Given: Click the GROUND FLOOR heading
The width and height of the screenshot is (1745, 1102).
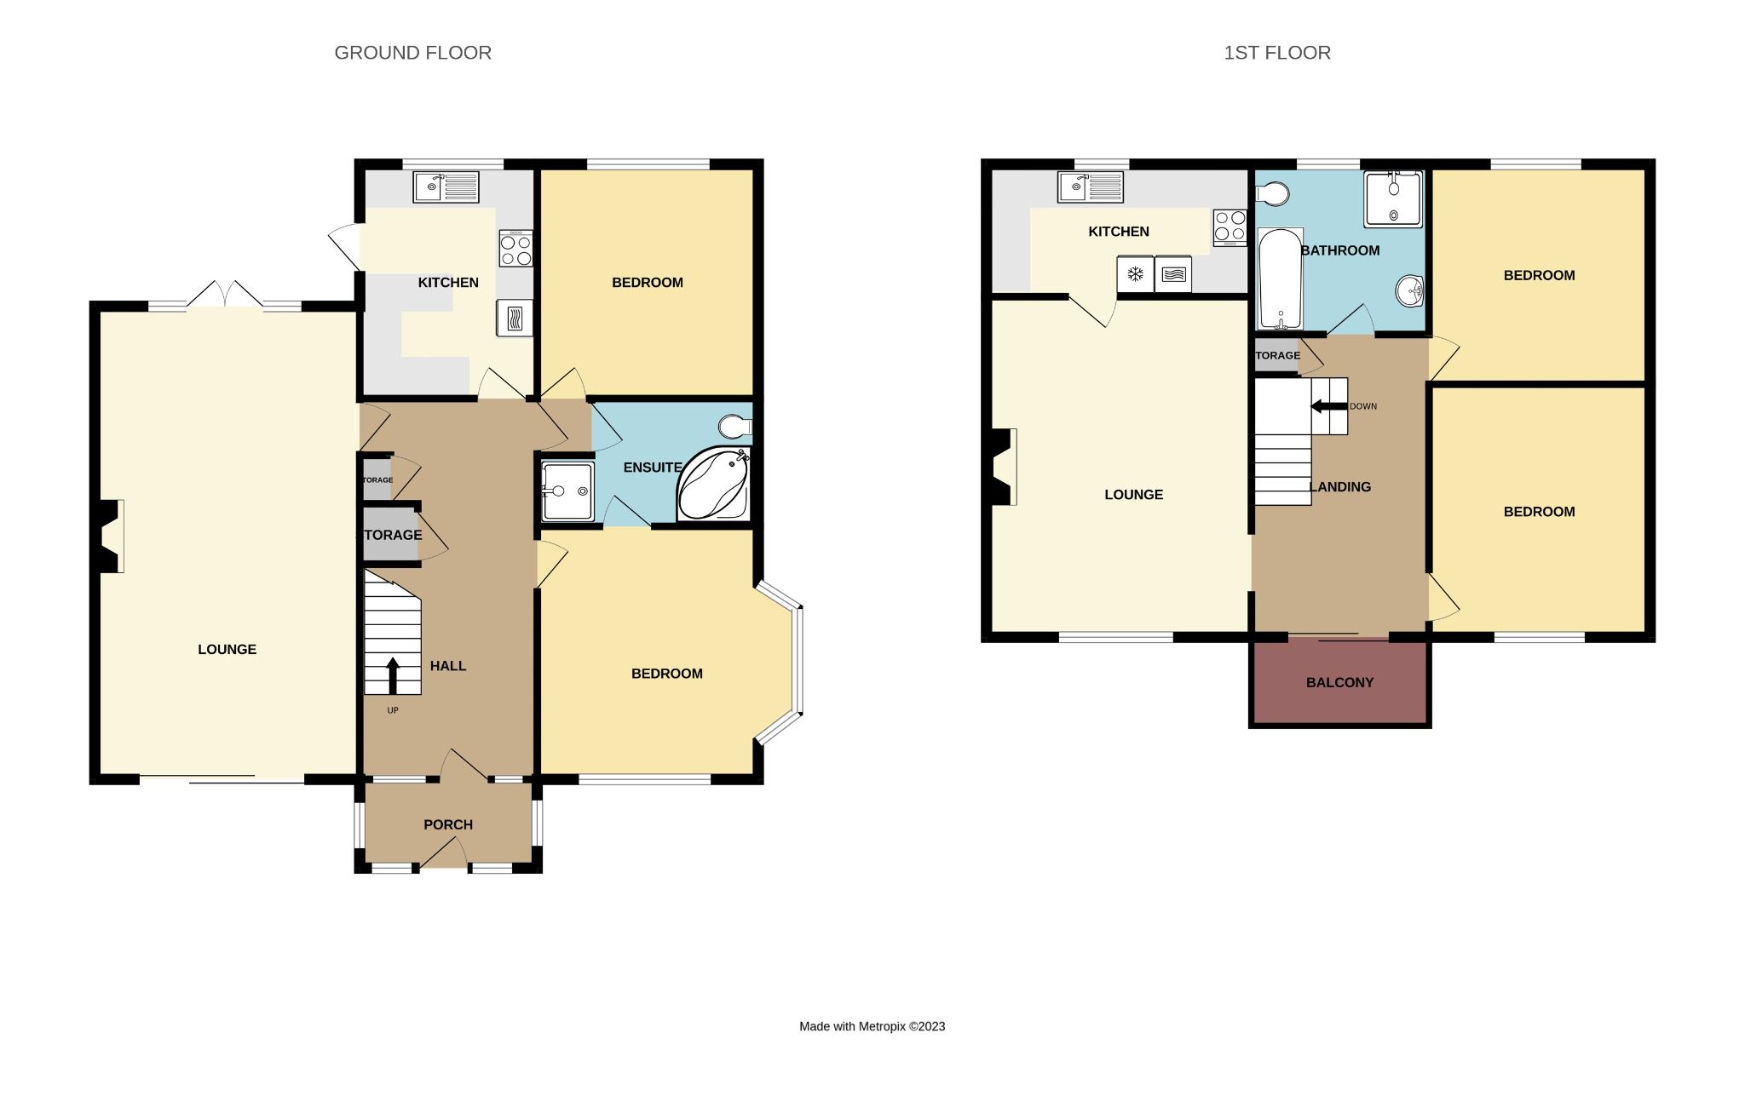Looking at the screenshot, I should pyautogui.click(x=412, y=53).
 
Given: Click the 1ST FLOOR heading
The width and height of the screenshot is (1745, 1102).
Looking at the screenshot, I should pyautogui.click(x=1276, y=53).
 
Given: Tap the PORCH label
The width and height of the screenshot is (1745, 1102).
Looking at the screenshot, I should pyautogui.click(x=447, y=824).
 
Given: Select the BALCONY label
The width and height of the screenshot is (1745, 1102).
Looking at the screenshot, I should pyautogui.click(x=1339, y=682).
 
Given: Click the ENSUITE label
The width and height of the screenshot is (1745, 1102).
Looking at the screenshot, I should pyautogui.click(x=652, y=468).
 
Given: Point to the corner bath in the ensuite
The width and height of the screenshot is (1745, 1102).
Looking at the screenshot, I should pyautogui.click(x=714, y=485).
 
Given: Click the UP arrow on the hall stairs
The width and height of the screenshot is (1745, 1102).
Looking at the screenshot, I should pyautogui.click(x=393, y=676).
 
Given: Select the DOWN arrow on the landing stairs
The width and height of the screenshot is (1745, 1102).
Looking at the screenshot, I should pyautogui.click(x=1327, y=406).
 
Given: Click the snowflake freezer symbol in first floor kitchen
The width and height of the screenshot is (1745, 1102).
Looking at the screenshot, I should pyautogui.click(x=1135, y=274).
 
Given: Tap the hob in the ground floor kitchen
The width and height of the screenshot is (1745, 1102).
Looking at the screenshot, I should pyautogui.click(x=515, y=248).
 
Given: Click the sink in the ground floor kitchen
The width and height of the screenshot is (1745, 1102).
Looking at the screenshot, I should pyautogui.click(x=446, y=187).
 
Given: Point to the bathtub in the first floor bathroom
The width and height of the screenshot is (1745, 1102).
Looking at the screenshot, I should pyautogui.click(x=1280, y=279).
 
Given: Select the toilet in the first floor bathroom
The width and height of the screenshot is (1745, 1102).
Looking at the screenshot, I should pyautogui.click(x=1273, y=195).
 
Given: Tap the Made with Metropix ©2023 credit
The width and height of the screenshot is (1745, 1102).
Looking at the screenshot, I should pyautogui.click(x=872, y=1026).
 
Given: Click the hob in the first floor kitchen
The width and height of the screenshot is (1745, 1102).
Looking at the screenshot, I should pyautogui.click(x=1230, y=227).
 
